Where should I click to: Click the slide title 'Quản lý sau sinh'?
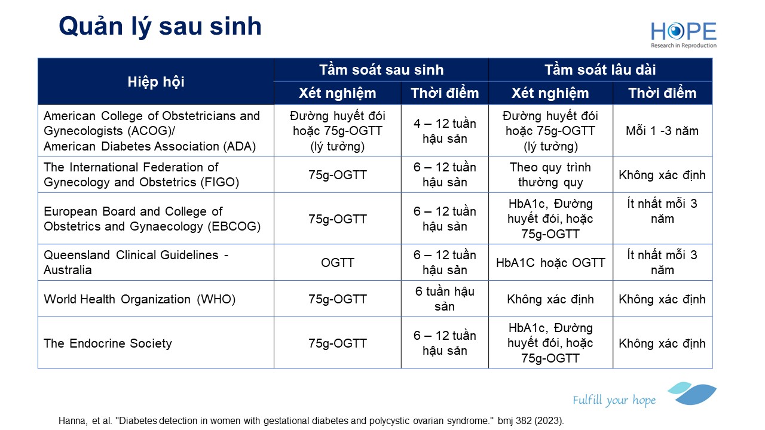tap(160, 27)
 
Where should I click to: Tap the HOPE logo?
tap(683, 35)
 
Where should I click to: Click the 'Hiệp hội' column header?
tap(156, 82)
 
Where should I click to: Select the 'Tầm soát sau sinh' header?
tap(381, 70)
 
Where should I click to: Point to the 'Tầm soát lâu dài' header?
tap(600, 70)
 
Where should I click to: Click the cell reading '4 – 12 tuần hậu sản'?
tap(445, 131)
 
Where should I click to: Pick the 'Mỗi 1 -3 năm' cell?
tap(662, 131)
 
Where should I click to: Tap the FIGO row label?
tap(142, 175)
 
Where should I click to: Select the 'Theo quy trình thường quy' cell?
tap(550, 175)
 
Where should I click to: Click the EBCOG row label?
tap(152, 219)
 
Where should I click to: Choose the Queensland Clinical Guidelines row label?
tap(136, 262)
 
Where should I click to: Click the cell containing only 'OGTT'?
tap(338, 263)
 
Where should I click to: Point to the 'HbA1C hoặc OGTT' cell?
tap(550, 263)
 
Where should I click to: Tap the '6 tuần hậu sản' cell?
tap(445, 299)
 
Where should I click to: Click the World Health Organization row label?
tap(140, 299)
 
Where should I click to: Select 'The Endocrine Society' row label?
tap(108, 343)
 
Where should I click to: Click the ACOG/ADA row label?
tap(152, 131)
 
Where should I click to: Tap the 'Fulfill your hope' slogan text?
tap(614, 400)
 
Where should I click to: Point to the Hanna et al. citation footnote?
tap(311, 421)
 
